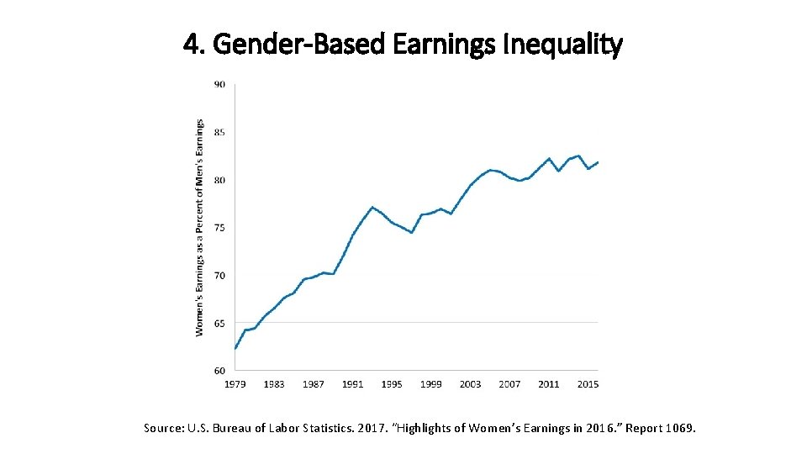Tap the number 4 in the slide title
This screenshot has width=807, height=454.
[190, 45]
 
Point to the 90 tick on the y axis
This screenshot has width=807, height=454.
[219, 84]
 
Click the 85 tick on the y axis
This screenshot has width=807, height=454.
[219, 132]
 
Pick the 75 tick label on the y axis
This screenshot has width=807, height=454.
[219, 228]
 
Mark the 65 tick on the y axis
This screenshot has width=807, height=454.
[219, 323]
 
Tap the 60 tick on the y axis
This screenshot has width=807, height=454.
[219, 371]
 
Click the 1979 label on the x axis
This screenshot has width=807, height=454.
[235, 384]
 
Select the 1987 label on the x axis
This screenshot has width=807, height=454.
[314, 384]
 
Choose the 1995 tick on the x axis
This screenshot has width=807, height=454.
[392, 384]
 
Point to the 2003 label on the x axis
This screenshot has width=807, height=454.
[471, 384]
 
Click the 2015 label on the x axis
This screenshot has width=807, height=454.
[588, 384]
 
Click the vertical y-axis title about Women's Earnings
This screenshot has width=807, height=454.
[200, 227]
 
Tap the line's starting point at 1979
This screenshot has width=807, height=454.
[235, 348]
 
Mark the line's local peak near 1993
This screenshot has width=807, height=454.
[372, 207]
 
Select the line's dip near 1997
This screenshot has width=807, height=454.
[412, 232]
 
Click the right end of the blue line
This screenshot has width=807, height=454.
[598, 162]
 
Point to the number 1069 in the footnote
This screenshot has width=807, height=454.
[678, 429]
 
